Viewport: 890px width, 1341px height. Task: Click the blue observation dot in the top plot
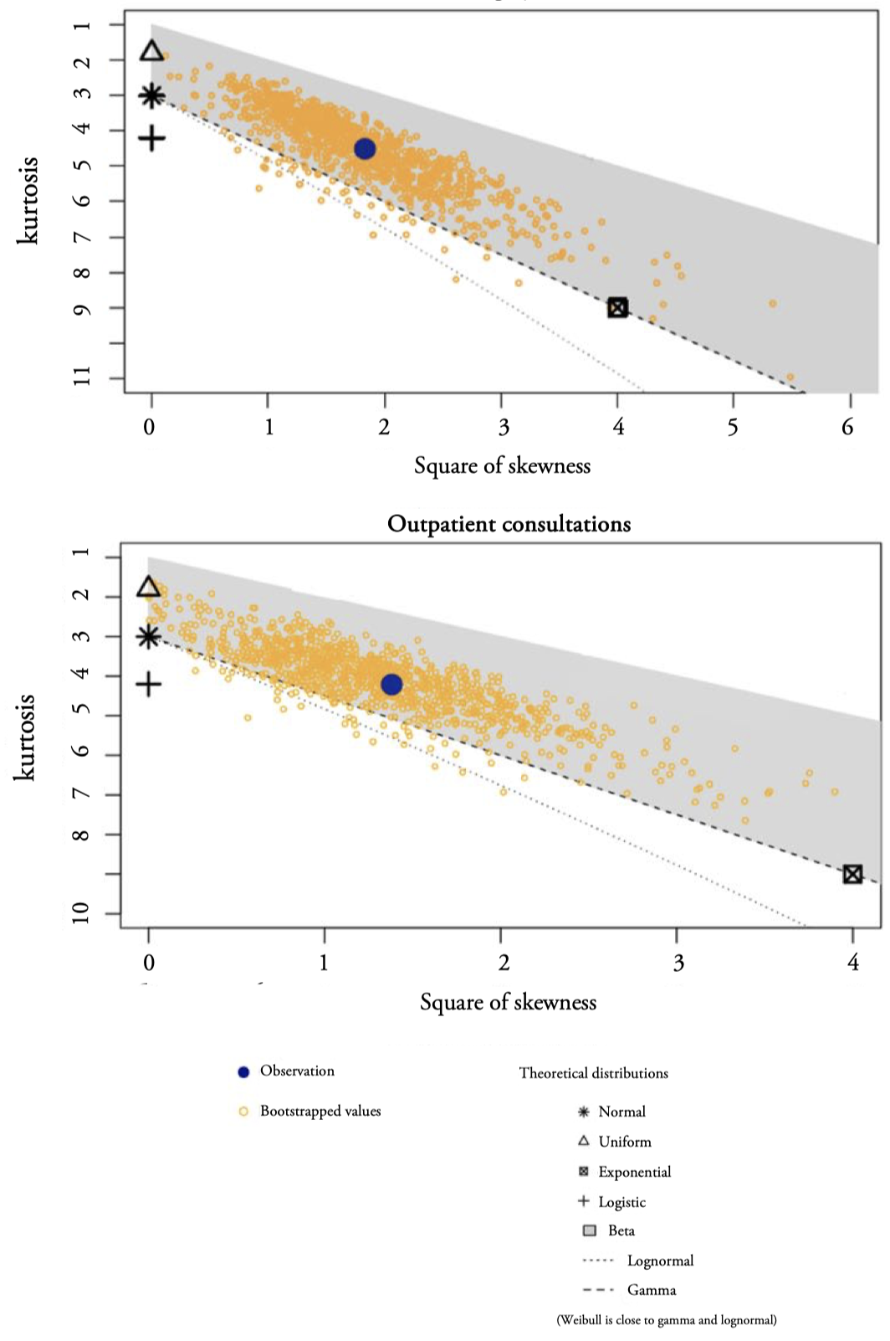pos(365,149)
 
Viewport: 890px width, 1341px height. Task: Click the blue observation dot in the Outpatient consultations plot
pos(391,685)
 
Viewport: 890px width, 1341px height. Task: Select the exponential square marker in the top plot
pos(617,307)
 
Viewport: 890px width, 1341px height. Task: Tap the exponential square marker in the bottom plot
pos(852,874)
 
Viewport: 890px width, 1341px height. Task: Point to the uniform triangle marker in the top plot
pos(151,51)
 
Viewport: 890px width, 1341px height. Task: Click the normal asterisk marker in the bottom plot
pos(149,637)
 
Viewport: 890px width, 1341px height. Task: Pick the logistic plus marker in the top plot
pos(151,138)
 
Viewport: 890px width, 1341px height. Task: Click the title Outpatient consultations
pos(509,525)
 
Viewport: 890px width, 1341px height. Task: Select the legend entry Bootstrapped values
pos(320,1112)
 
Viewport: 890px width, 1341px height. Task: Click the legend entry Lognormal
pos(660,1261)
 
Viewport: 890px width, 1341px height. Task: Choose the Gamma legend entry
pos(651,1291)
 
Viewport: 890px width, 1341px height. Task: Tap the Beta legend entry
pos(621,1231)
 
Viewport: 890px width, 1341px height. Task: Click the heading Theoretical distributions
pos(593,1073)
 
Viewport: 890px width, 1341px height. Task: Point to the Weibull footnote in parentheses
pos(667,1320)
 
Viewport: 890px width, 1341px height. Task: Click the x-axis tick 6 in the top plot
pos(847,428)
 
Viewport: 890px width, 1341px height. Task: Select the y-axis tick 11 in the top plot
pos(82,378)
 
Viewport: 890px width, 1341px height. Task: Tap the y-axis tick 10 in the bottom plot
pos(81,913)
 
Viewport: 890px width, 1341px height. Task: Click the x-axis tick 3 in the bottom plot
pos(678,963)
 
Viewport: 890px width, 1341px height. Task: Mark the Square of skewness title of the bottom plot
pos(508,1002)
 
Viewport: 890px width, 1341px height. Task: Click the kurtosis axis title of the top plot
pos(28,200)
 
